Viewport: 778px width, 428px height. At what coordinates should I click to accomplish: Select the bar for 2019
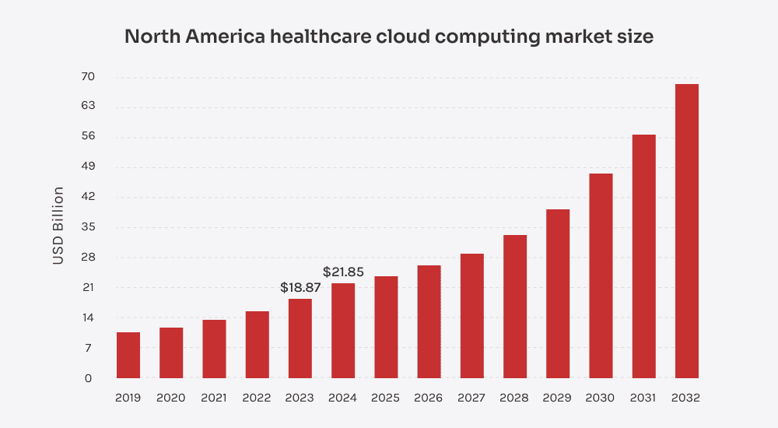[x=128, y=356]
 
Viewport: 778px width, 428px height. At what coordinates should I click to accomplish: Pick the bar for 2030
[x=601, y=276]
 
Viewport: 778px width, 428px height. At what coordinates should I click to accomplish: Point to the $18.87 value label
[x=300, y=288]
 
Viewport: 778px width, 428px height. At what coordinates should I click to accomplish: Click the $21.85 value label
[x=343, y=272]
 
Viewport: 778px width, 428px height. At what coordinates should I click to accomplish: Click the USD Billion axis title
[x=58, y=226]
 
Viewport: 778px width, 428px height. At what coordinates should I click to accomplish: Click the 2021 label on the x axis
[x=214, y=398]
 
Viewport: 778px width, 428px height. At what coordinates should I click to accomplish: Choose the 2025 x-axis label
[x=386, y=398]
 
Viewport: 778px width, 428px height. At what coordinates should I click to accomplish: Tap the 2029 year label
[x=558, y=398]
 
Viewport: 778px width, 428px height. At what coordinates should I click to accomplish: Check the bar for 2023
[x=300, y=339]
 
